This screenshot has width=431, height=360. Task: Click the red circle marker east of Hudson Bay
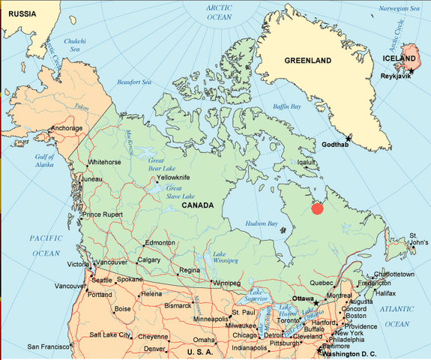coord(316,208)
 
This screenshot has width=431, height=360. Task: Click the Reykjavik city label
coord(397,76)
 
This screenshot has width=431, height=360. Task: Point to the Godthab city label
coord(335,144)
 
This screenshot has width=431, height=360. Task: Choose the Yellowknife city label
coord(173,177)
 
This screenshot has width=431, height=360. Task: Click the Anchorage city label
coord(66,127)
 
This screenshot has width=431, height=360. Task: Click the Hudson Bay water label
coord(262,223)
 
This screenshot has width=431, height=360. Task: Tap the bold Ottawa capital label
coord(303,298)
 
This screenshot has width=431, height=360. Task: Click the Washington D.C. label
coord(351,354)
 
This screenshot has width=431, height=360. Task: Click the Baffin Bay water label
coord(286,106)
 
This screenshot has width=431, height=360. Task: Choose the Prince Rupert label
coord(102,214)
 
